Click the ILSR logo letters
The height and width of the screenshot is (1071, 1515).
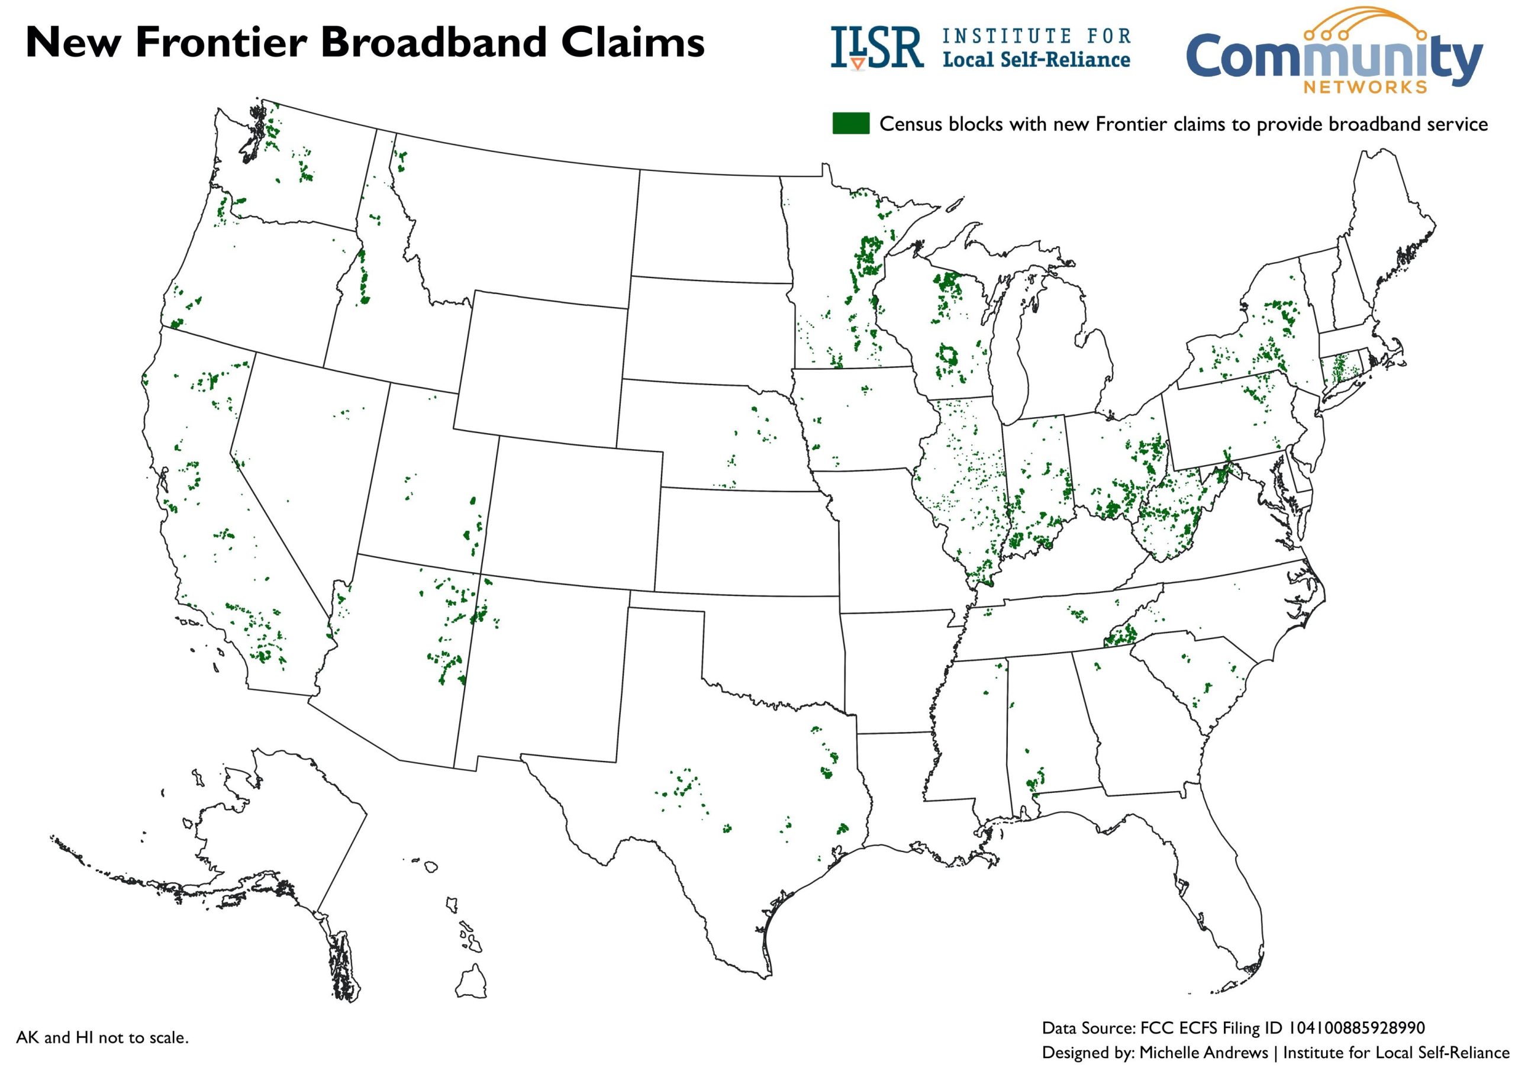[876, 47]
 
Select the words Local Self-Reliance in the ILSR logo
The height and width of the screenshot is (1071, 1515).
[1036, 60]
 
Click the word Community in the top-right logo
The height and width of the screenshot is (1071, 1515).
[1333, 58]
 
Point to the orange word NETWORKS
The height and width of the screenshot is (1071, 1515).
[1365, 87]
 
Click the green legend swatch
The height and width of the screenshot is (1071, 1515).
[850, 124]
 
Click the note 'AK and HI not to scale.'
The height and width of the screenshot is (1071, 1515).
[102, 1037]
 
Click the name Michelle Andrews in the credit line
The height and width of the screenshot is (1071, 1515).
[1204, 1052]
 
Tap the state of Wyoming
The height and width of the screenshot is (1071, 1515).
[541, 363]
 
